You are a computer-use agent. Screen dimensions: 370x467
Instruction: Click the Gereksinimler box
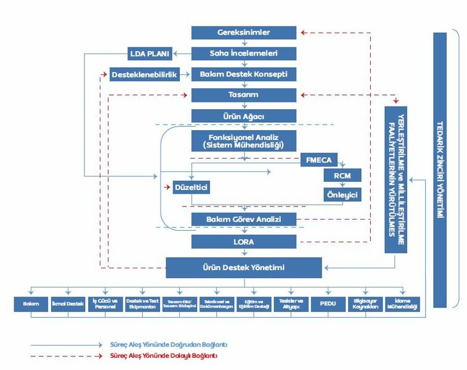244,32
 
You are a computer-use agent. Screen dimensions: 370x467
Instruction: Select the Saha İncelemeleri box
244,53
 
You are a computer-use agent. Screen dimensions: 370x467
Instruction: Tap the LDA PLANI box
150,53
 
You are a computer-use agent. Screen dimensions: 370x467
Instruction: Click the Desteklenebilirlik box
145,74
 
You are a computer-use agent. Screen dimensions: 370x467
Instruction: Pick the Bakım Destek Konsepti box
244,74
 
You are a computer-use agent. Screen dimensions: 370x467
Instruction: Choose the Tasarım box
244,95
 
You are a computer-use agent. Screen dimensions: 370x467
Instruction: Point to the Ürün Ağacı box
244,116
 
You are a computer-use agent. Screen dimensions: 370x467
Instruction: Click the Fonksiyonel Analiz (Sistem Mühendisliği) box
244,140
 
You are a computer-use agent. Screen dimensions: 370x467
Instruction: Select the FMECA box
319,160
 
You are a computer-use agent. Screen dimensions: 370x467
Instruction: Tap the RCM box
342,176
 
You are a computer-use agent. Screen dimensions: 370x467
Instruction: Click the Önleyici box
342,194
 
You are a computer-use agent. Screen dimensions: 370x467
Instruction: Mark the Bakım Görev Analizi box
244,219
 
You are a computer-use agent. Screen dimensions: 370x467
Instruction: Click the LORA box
244,242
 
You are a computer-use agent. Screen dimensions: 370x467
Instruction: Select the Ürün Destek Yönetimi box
244,268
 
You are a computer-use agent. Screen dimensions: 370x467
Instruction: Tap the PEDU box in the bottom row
327,304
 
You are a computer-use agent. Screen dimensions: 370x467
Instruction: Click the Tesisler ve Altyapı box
290,304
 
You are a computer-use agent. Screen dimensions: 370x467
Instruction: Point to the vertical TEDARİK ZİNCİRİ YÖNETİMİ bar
440,170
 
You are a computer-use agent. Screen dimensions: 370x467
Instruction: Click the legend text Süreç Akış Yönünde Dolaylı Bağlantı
163,356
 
